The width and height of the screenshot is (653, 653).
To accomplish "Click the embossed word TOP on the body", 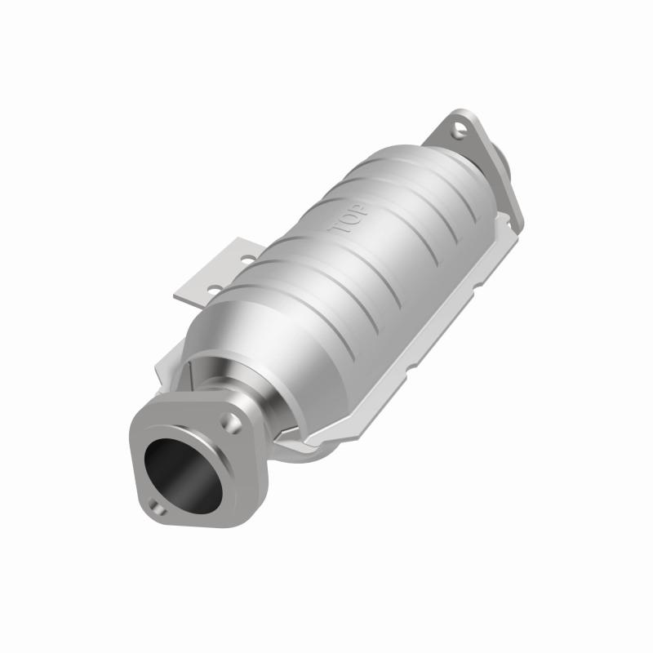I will (349, 218).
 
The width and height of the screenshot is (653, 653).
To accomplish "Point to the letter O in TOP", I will (349, 218).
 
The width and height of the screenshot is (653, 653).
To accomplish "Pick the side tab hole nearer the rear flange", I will (245, 261).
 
